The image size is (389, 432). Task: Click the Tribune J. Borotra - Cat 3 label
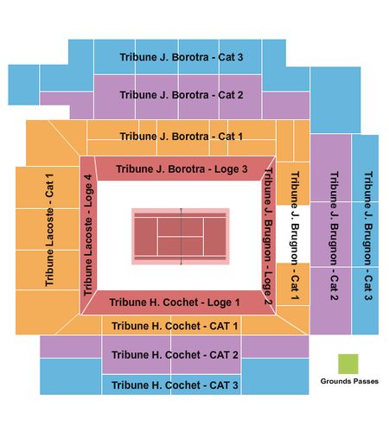(x=182, y=57)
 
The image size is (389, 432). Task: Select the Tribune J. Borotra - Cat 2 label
(x=182, y=95)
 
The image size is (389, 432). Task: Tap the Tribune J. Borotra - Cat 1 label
(x=182, y=137)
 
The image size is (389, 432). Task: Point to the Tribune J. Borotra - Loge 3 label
(x=182, y=169)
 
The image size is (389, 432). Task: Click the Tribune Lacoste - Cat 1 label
(x=49, y=230)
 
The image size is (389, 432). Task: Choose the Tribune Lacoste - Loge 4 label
(x=88, y=235)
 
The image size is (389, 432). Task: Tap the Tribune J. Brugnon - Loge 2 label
(x=268, y=237)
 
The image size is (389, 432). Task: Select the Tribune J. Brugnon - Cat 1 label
(x=295, y=236)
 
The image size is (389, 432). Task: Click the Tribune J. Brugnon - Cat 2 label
(x=334, y=236)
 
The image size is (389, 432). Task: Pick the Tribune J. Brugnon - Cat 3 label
(x=368, y=236)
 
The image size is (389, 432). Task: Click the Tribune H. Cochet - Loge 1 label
(x=175, y=302)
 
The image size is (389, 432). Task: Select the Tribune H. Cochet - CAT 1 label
(x=175, y=326)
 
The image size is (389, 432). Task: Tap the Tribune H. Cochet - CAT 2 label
(x=175, y=355)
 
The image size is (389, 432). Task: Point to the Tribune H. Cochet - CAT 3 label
(x=175, y=385)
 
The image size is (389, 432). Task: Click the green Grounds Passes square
(x=348, y=364)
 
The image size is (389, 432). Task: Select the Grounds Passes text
(x=349, y=381)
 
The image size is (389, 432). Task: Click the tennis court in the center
(x=181, y=236)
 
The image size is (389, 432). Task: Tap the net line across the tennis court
(x=181, y=236)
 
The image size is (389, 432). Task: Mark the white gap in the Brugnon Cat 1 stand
(x=293, y=234)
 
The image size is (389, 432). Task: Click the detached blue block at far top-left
(x=23, y=85)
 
